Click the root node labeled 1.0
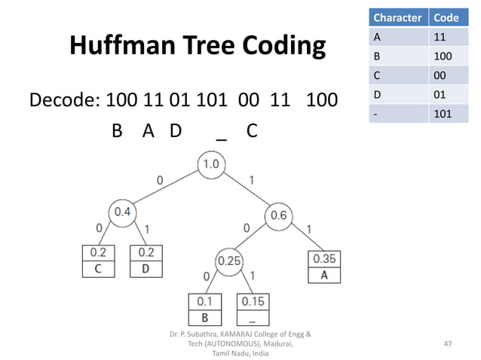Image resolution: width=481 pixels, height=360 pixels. [x=212, y=163]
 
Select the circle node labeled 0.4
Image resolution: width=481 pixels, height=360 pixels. [x=121, y=212]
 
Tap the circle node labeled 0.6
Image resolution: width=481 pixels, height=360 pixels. [x=277, y=215]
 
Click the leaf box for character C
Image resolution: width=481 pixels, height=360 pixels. [x=98, y=260]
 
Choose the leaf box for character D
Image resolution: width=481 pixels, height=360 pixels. [x=146, y=260]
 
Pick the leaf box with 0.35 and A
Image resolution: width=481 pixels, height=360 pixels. [x=323, y=267]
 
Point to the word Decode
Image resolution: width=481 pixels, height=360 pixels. [x=63, y=100]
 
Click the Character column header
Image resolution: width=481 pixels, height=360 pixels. [x=397, y=17]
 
